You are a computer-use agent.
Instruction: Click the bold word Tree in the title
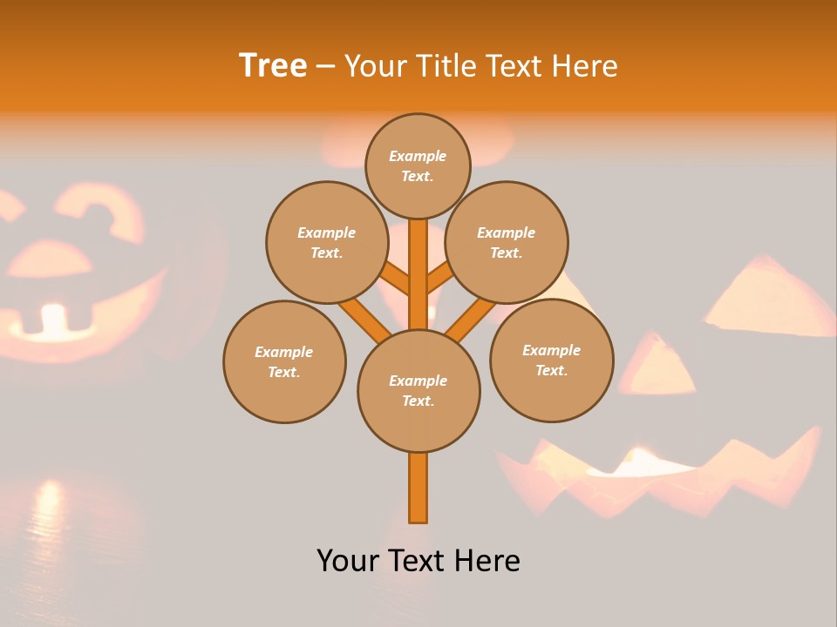click(x=273, y=65)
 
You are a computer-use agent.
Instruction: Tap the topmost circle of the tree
click(x=418, y=165)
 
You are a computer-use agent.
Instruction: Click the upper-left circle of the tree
click(x=327, y=242)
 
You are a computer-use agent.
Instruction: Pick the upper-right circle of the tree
click(x=507, y=242)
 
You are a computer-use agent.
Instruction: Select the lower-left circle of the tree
click(x=284, y=361)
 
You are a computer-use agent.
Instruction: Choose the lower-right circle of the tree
click(x=552, y=360)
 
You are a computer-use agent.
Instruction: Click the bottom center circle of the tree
click(x=418, y=391)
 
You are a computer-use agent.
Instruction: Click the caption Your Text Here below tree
click(x=418, y=560)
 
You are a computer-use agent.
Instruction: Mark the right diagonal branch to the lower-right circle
click(x=471, y=319)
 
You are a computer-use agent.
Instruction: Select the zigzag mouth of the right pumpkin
click(x=663, y=475)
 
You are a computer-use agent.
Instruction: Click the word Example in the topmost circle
click(x=418, y=156)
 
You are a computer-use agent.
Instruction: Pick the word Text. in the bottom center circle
click(x=418, y=401)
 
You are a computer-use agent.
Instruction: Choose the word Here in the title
click(x=587, y=66)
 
